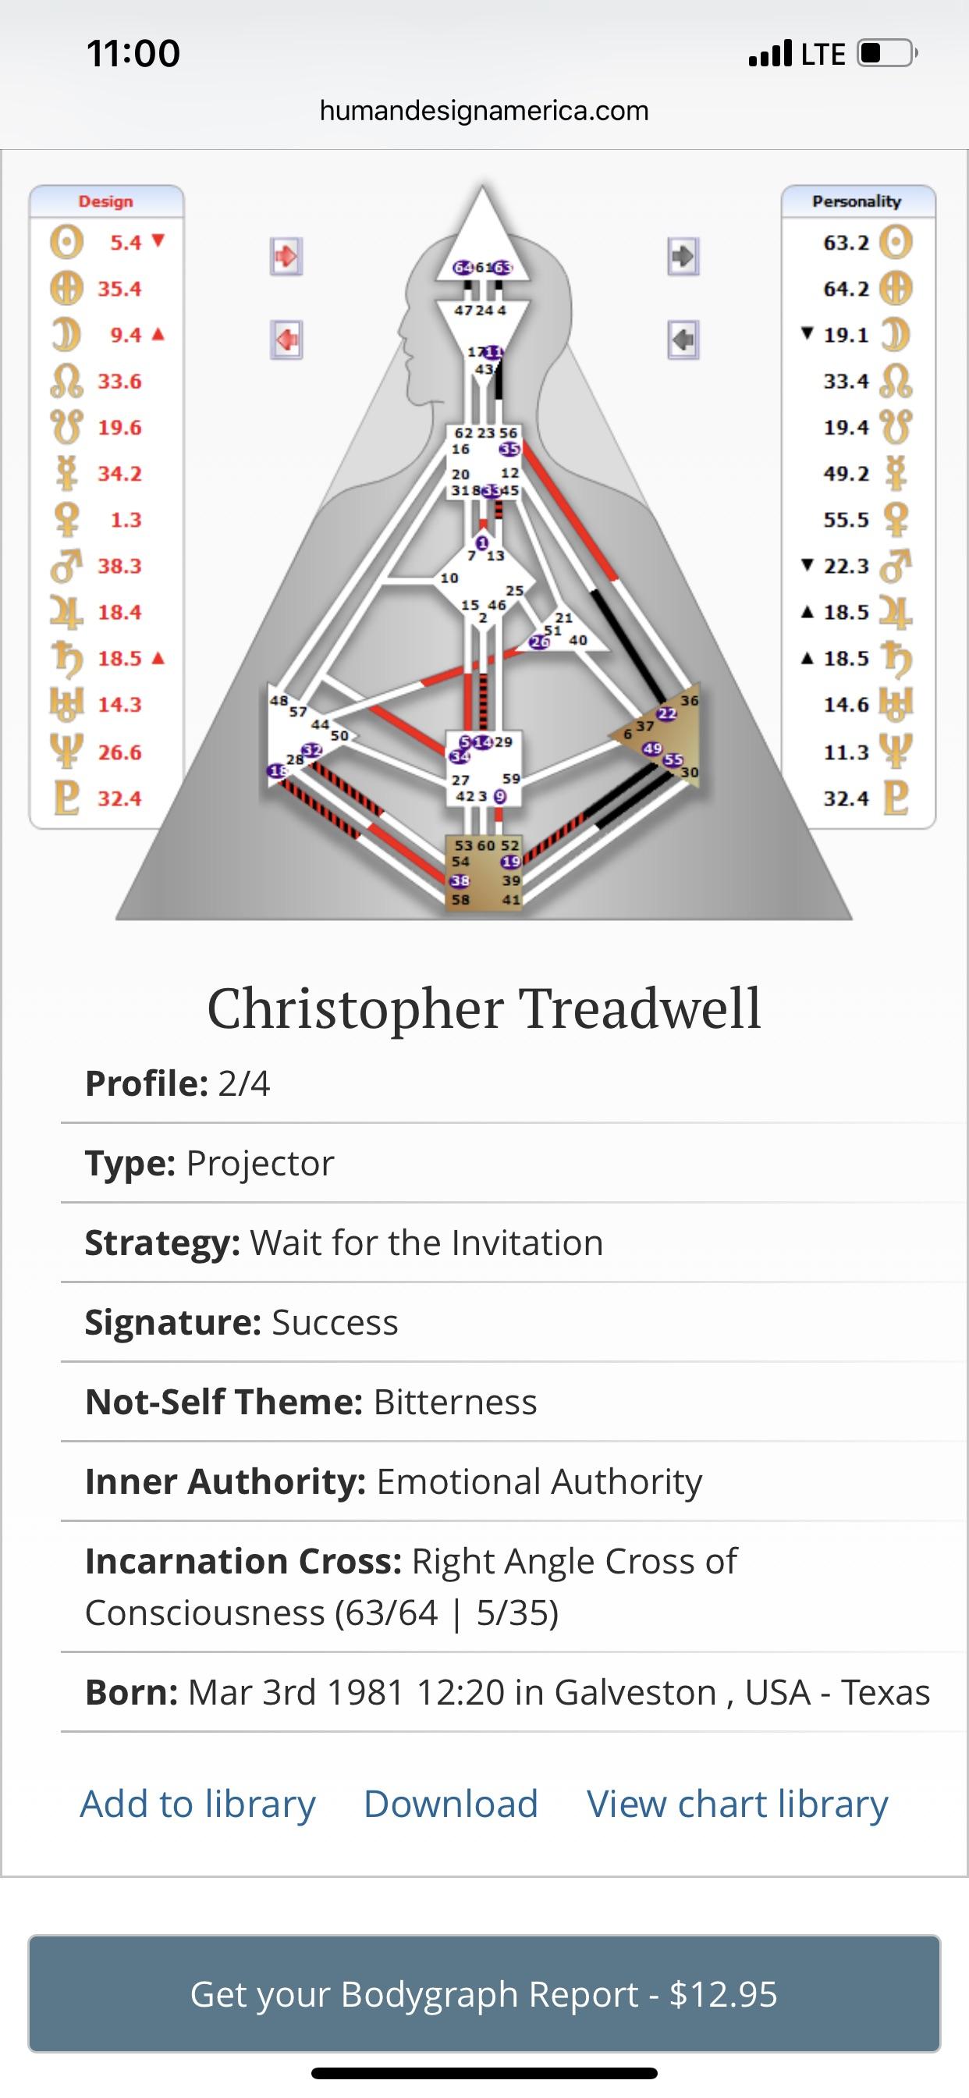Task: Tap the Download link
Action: tap(450, 1804)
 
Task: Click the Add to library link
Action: tap(197, 1804)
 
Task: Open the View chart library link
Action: tap(737, 1804)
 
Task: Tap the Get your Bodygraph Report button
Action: tap(484, 1993)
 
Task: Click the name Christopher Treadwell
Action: tap(484, 1008)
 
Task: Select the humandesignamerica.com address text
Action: tap(484, 110)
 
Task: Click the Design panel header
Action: tap(106, 201)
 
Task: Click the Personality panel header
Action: tap(857, 201)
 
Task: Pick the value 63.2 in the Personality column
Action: tap(846, 243)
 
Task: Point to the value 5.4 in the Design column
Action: tap(126, 243)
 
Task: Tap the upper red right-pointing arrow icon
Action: tap(286, 257)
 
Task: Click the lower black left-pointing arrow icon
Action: tap(683, 339)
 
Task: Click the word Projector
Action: tap(260, 1163)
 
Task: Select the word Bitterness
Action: tap(455, 1402)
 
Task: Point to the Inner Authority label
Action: tap(225, 1481)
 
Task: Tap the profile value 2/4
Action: tap(243, 1084)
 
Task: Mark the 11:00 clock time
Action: tap(133, 54)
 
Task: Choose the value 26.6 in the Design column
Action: tap(119, 752)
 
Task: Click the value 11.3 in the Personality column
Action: tap(846, 752)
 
